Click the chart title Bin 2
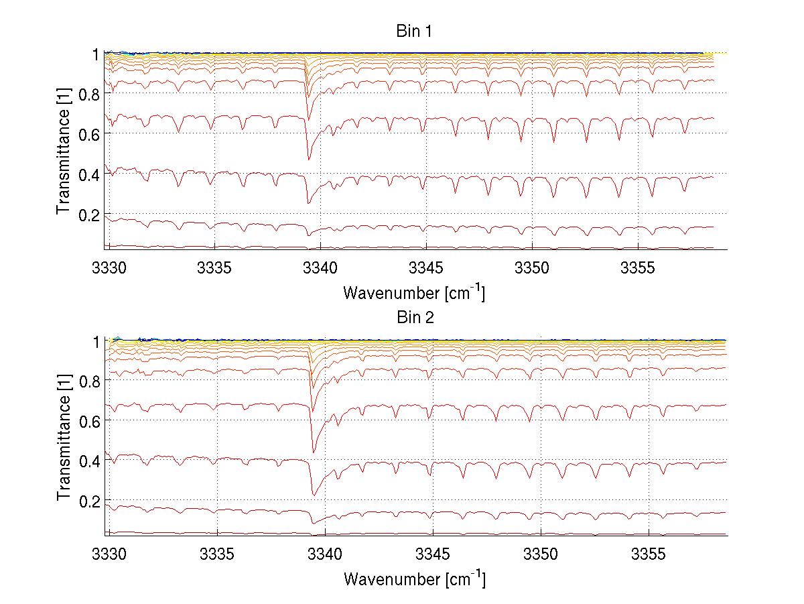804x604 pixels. click(x=415, y=318)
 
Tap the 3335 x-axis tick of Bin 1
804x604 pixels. click(x=214, y=269)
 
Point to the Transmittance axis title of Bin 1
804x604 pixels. click(x=64, y=152)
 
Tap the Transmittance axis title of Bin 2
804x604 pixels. click(x=64, y=438)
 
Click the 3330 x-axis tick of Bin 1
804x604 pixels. click(x=109, y=269)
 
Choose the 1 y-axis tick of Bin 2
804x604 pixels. click(x=96, y=341)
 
